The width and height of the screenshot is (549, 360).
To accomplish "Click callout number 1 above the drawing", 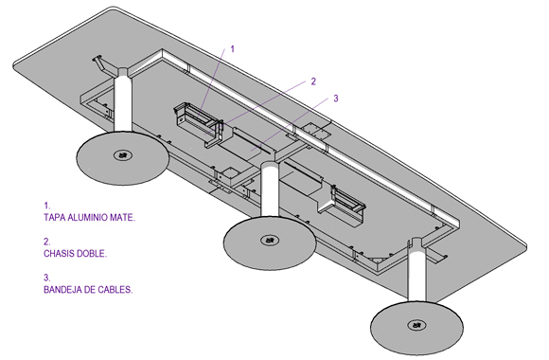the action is point(232,49).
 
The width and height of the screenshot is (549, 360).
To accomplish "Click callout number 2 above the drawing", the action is point(313,81).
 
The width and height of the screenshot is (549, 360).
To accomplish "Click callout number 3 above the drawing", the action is point(336,99).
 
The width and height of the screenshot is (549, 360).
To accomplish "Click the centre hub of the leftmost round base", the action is point(122,154).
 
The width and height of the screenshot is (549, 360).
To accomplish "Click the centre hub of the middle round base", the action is point(270,240).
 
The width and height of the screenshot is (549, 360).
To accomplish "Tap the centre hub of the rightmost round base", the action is point(416,325).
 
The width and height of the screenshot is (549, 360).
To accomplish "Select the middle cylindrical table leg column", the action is point(270,191).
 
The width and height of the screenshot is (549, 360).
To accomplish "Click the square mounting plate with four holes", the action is point(317,131).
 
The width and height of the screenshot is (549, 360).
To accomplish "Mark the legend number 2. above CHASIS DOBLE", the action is point(47,242).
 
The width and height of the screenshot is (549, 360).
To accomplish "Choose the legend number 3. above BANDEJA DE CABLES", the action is point(47,278).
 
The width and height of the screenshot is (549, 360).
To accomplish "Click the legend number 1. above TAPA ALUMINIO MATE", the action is point(47,206).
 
